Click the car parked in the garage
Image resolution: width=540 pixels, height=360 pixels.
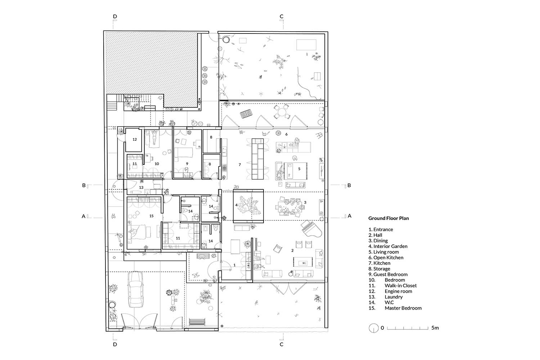tap(135, 289)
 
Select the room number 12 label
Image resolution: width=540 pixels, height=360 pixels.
tap(135, 139)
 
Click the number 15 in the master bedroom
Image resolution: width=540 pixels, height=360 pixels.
tap(152, 216)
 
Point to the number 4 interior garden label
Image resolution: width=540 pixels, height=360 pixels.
tap(236, 205)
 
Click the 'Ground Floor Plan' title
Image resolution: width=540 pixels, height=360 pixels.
tap(388, 218)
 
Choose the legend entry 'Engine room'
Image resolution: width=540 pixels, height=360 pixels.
tap(398, 291)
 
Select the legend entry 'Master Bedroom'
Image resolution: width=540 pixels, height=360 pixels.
tap(403, 308)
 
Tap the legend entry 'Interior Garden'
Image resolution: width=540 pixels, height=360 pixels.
tap(390, 246)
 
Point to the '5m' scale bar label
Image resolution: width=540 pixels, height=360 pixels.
tap(435, 328)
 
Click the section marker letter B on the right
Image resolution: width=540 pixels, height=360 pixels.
tap(349, 185)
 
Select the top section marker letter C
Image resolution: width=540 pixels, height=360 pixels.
tap(281, 17)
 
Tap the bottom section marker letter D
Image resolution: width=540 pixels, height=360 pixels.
tap(115, 344)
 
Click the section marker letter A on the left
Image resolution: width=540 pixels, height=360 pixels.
tap(84, 216)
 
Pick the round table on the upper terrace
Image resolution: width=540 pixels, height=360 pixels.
tap(282, 112)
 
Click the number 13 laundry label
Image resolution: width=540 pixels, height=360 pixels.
tap(141, 187)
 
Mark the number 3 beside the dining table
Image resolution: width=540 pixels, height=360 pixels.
tap(305, 202)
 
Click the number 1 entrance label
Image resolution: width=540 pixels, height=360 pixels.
tap(234, 265)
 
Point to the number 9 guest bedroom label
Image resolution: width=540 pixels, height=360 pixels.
tap(187, 164)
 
